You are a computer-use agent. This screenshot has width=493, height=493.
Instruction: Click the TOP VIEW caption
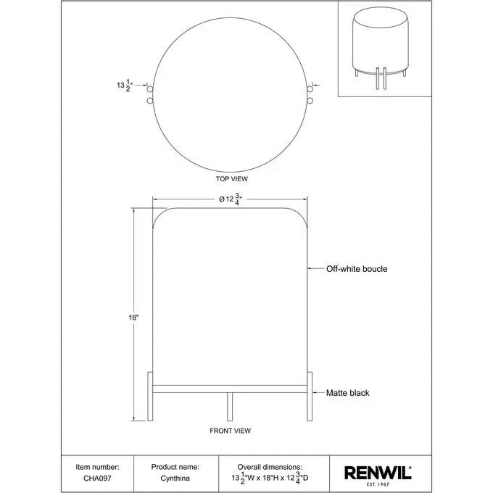232,179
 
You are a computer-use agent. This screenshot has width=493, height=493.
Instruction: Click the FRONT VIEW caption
230,431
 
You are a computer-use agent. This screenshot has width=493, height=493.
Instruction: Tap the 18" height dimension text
133,318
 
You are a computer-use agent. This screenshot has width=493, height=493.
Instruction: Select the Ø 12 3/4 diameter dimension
231,199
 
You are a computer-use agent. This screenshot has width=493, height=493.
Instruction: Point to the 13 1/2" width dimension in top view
125,86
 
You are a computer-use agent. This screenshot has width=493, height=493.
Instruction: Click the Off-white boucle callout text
357,269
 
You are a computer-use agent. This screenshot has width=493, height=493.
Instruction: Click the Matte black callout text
348,393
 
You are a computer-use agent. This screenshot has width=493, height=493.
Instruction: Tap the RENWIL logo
378,476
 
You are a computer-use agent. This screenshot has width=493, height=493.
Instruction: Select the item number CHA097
97,478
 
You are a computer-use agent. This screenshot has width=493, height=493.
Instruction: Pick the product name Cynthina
175,478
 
